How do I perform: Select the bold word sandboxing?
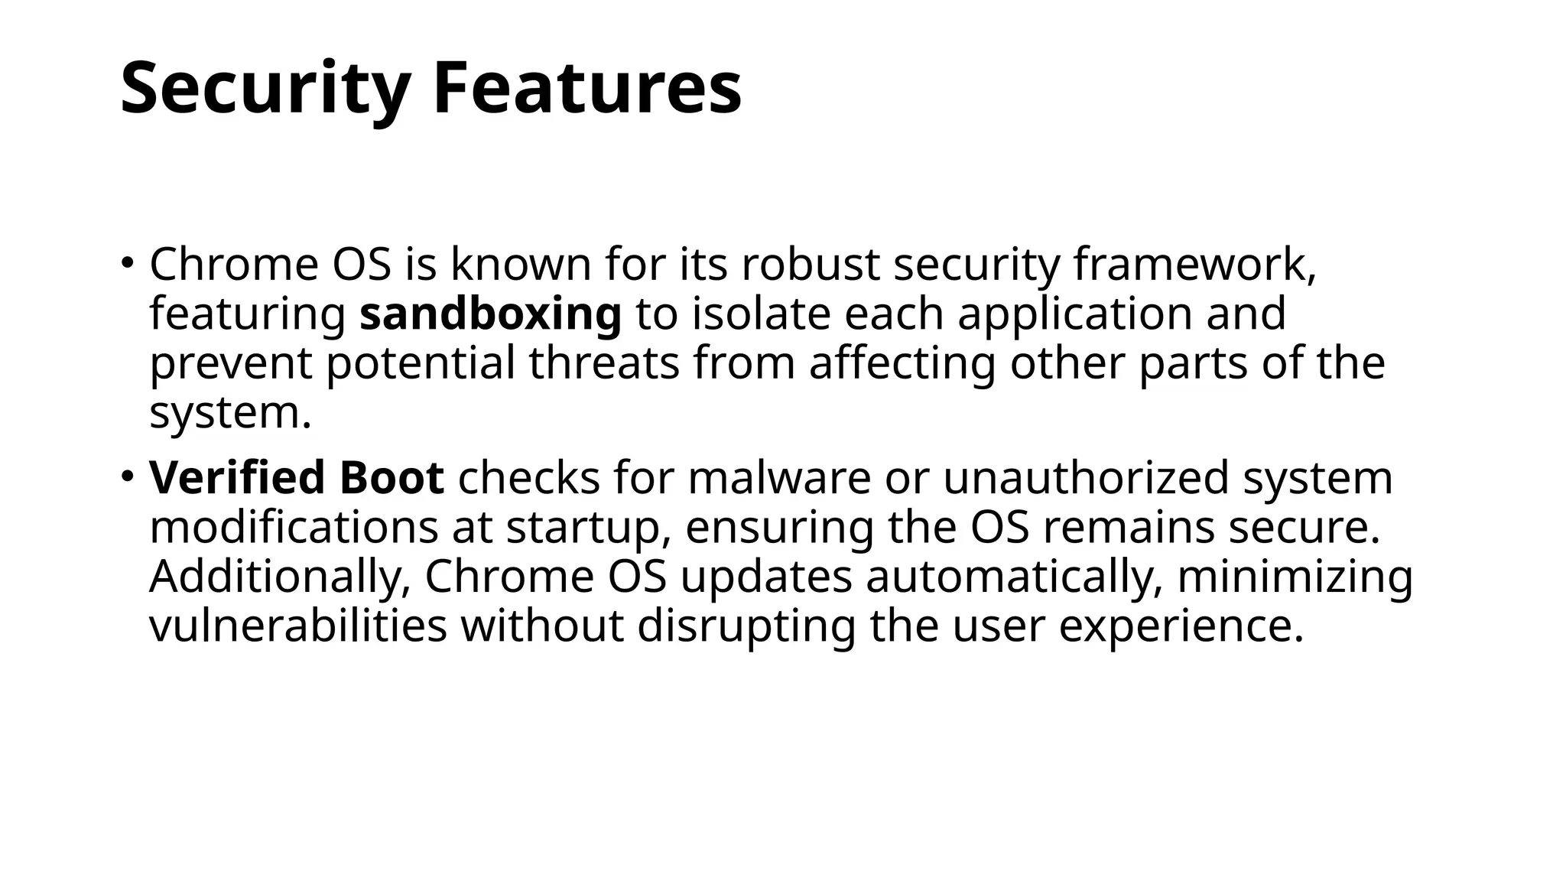point(490,314)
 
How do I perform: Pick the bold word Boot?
point(391,478)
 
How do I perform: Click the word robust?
point(810,265)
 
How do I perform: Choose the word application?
point(1074,314)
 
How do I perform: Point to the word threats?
point(603,363)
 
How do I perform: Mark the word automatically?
point(1014,577)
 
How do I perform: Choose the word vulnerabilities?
point(297,626)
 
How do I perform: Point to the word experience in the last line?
point(1180,627)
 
